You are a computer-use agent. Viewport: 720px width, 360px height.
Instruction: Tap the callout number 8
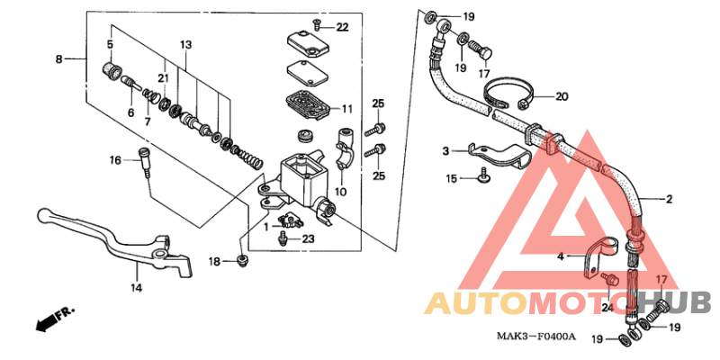[59, 59]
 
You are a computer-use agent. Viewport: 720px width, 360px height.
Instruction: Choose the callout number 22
[342, 27]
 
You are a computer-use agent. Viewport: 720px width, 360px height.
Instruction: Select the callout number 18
[214, 261]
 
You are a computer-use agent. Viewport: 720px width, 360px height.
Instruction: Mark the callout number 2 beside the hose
[669, 199]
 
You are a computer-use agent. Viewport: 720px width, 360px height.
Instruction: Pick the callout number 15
[453, 179]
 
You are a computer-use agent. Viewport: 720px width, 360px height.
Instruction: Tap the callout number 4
[560, 256]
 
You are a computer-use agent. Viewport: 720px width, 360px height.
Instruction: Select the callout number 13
[185, 44]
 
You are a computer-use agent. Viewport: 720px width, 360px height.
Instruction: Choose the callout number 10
[340, 191]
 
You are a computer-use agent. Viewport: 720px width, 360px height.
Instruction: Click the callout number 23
[308, 239]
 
